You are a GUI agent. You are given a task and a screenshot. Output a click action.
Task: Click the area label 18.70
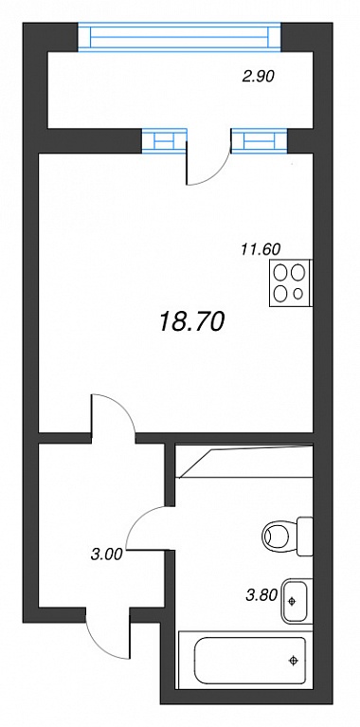191,321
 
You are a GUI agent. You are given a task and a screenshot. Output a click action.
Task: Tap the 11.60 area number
261,250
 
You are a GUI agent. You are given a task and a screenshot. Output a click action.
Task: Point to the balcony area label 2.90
259,76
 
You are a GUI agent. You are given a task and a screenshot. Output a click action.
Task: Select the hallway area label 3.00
106,554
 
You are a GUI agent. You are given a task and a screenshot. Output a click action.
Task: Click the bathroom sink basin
296,601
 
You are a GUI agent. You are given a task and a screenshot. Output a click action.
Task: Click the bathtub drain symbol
293,661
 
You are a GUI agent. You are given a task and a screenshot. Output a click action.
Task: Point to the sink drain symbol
292,601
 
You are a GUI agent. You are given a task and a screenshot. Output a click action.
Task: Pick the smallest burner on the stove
298,293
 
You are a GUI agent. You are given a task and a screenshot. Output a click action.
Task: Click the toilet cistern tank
305,536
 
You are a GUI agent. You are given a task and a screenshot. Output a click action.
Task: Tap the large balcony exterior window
179,37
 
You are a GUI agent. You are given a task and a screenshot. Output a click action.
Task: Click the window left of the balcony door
164,139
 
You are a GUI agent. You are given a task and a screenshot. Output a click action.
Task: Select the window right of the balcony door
259,139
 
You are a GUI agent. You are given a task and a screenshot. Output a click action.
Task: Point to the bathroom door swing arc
138,520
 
